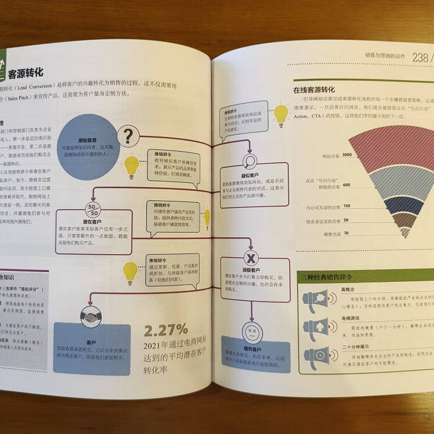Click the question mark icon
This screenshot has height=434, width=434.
[x=126, y=137]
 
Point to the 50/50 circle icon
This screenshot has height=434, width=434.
[x=93, y=209]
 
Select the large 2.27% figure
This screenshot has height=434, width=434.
[x=166, y=330]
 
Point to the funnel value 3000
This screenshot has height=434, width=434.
[x=347, y=155]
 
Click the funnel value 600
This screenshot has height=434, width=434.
[x=346, y=185]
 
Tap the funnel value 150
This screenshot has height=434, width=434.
[x=346, y=206]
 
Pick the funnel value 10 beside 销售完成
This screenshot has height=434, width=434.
[x=346, y=233]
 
